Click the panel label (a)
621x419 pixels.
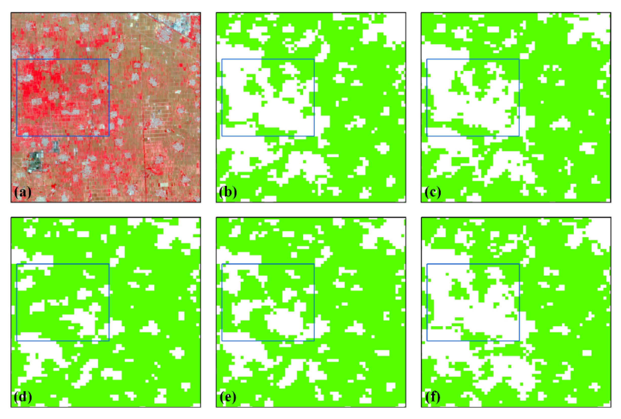(23, 192)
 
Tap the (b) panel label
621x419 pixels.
(228, 192)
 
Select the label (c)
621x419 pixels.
(433, 192)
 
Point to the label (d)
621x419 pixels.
(23, 397)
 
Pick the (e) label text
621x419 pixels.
(228, 397)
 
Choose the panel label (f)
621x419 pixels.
(433, 397)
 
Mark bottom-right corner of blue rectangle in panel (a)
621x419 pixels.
(109, 136)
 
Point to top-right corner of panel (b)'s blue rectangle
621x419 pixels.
(314, 59)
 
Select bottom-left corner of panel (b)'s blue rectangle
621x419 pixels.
(222, 136)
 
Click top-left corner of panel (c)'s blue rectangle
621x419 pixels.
(427, 59)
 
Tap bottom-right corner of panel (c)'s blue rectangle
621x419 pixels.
(519, 136)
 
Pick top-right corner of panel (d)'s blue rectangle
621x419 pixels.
(109, 264)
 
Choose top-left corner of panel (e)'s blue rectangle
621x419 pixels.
(222, 264)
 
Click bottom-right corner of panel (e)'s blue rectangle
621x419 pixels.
(314, 341)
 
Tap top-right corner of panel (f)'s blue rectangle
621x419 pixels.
(519, 264)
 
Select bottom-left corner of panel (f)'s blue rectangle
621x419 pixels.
(427, 341)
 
